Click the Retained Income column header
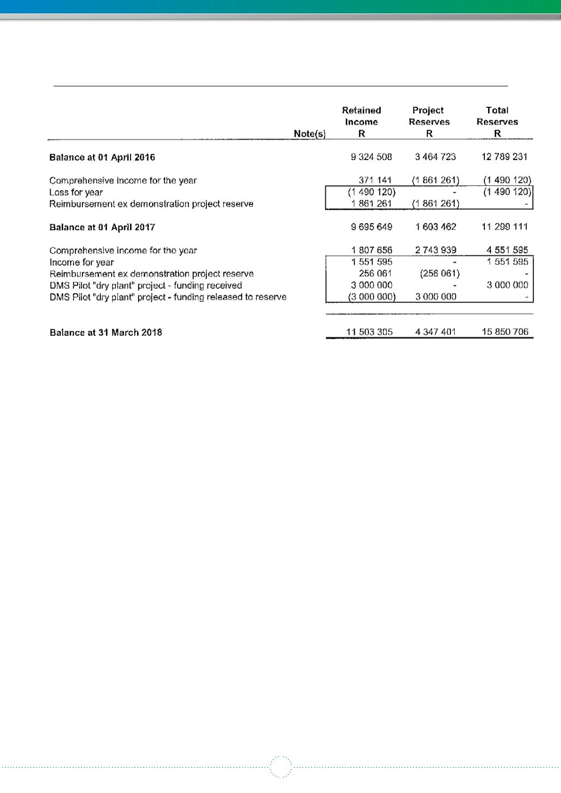click(x=361, y=116)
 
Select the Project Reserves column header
click(x=429, y=116)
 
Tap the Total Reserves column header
click(x=497, y=116)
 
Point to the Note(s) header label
click(x=309, y=134)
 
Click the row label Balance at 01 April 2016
click(x=102, y=157)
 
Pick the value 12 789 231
click(x=504, y=157)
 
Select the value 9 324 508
click(x=371, y=157)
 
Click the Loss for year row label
click(x=76, y=192)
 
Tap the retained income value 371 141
click(x=375, y=180)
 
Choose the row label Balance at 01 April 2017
click(x=102, y=227)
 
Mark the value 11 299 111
click(x=504, y=227)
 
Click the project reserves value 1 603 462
click(x=435, y=227)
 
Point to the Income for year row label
click(x=81, y=263)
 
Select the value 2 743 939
click(x=435, y=250)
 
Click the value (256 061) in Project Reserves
click(x=439, y=274)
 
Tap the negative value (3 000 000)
click(x=372, y=297)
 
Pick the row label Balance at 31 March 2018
click(x=106, y=333)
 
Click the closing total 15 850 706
click(x=504, y=332)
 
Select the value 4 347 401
click(x=435, y=332)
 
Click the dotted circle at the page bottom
click(x=280, y=767)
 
